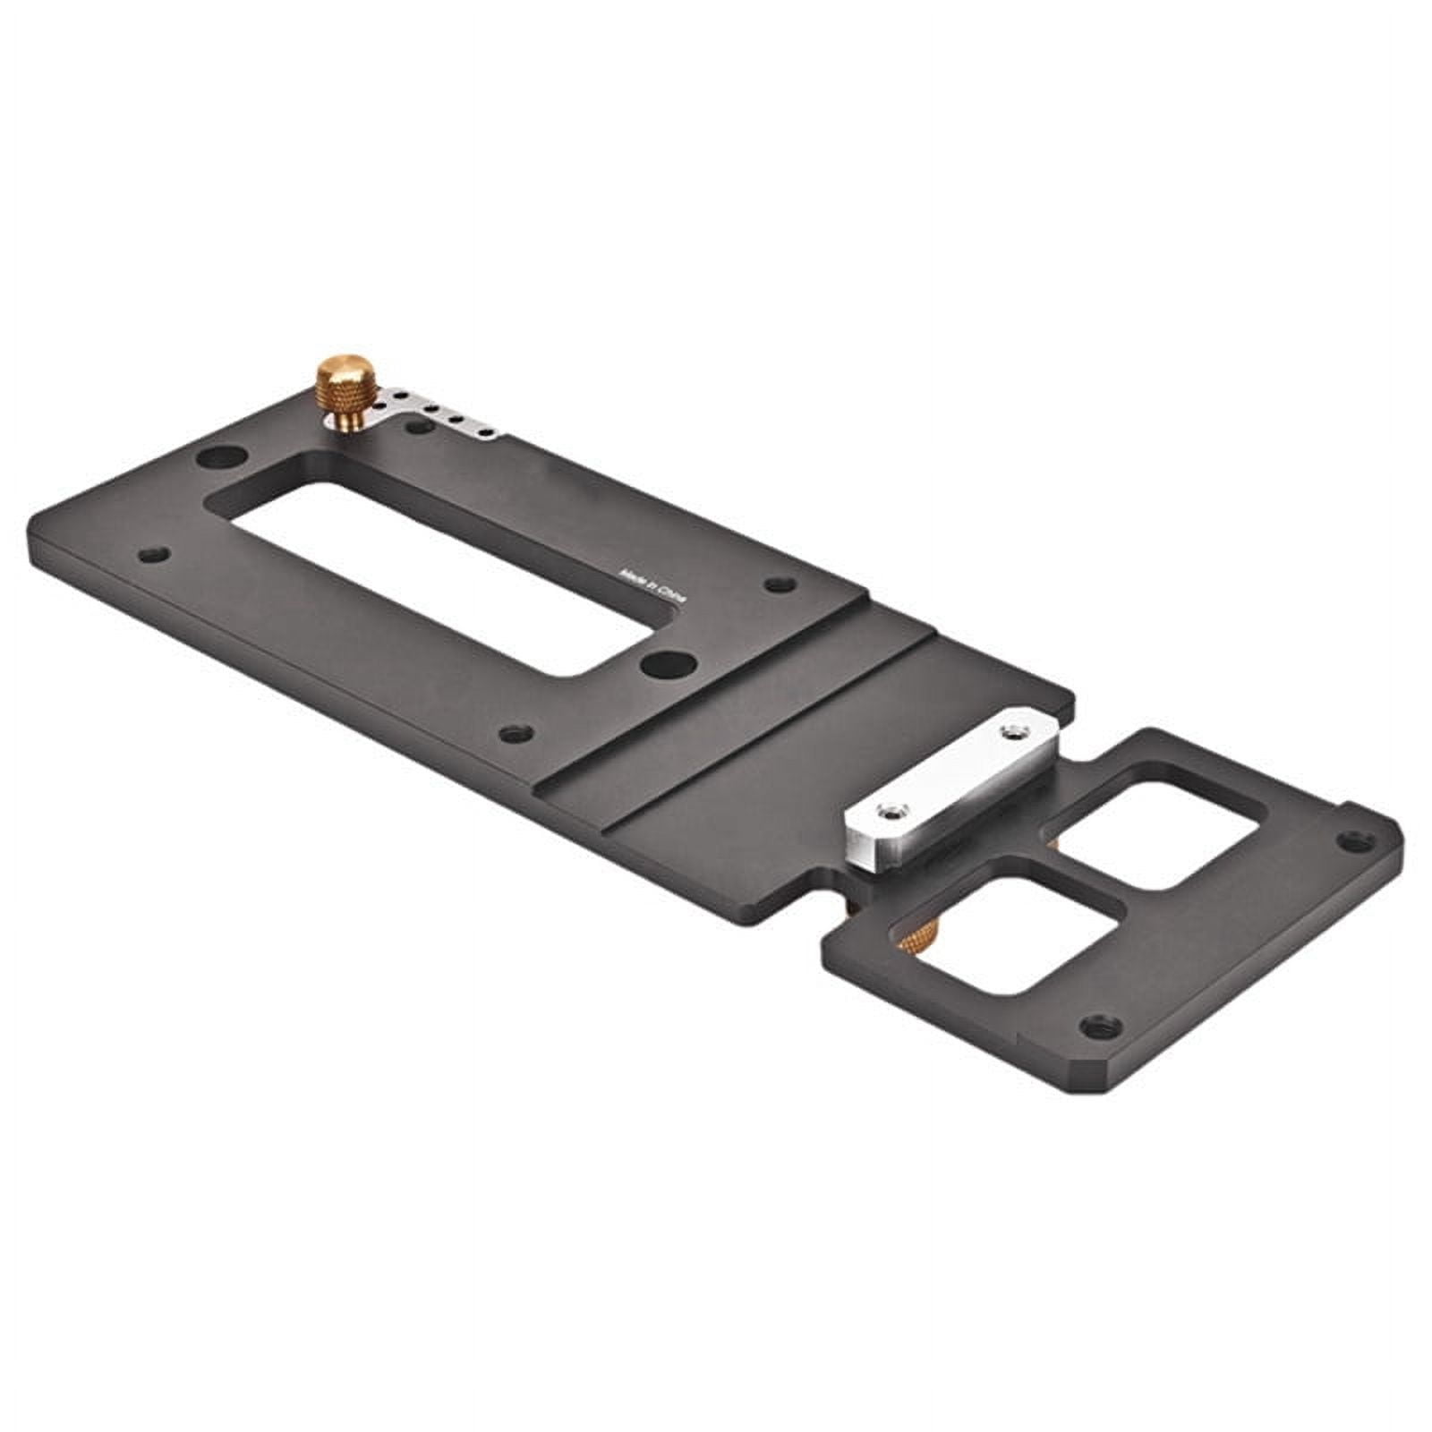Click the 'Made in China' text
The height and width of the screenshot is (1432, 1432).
coord(653,586)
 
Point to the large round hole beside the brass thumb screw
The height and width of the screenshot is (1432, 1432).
coord(220,457)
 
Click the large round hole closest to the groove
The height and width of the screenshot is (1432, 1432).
coord(669,664)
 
